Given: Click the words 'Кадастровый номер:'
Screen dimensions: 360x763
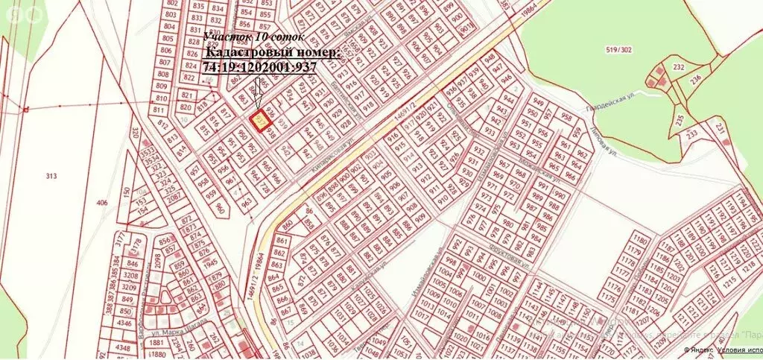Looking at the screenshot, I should coord(273,52).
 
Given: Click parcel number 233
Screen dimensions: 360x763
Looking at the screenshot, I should coord(692,134).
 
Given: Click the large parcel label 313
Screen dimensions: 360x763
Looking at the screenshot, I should coord(51,176).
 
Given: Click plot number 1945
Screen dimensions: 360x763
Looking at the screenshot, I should coord(211,262).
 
